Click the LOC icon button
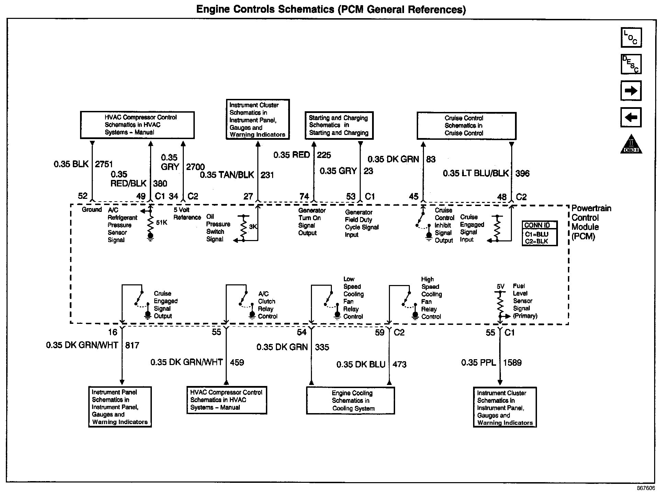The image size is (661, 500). (631, 37)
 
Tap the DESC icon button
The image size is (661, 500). (631, 64)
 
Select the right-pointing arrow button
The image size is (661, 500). (631, 91)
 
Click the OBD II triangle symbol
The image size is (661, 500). (631, 144)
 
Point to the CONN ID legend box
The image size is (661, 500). (539, 234)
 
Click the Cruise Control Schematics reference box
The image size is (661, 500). (466, 126)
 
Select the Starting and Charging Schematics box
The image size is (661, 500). (339, 125)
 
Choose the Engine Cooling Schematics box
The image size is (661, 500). (350, 400)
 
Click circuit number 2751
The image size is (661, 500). (104, 164)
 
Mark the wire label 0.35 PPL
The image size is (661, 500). (478, 363)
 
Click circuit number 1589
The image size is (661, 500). (512, 363)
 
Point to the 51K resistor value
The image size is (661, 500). (161, 223)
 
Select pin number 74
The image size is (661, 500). (304, 196)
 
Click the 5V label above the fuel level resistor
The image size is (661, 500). (500, 286)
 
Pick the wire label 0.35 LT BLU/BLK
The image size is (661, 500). (475, 173)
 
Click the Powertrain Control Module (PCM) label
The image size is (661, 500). (591, 222)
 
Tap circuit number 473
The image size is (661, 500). (399, 364)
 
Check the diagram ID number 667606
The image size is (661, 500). (646, 488)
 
